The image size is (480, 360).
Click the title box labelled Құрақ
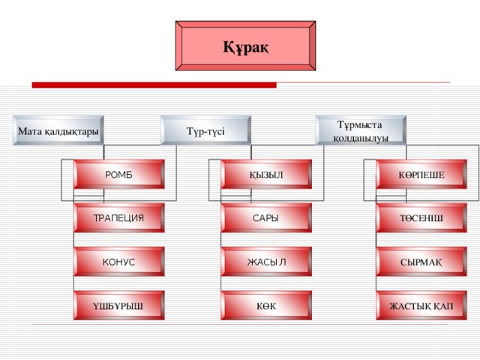pyautogui.click(x=245, y=46)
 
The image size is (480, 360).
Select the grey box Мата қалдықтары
pyautogui.click(x=58, y=131)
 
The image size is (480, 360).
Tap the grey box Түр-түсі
pyautogui.click(x=205, y=131)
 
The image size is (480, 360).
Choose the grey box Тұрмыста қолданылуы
pyautogui.click(x=361, y=130)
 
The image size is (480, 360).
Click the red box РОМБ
pyautogui.click(x=118, y=175)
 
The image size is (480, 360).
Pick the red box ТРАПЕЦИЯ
pyautogui.click(x=118, y=218)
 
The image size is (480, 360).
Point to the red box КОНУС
pyautogui.click(x=118, y=262)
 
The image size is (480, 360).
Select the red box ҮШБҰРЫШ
pyautogui.click(x=118, y=305)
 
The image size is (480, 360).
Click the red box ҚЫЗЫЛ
pyautogui.click(x=266, y=175)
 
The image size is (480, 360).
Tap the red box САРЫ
pyautogui.click(x=266, y=218)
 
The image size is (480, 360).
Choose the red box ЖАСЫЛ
pyautogui.click(x=266, y=262)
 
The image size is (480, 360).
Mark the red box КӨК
pyautogui.click(x=266, y=305)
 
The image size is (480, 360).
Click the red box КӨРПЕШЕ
pyautogui.click(x=421, y=175)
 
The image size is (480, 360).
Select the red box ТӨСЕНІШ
pyautogui.click(x=421, y=218)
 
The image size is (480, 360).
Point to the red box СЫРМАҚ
pyautogui.click(x=421, y=262)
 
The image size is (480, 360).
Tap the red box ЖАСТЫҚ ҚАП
pyautogui.click(x=421, y=305)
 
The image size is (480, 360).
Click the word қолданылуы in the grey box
pyautogui.click(x=361, y=138)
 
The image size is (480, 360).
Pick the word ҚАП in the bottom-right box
pyautogui.click(x=442, y=306)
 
